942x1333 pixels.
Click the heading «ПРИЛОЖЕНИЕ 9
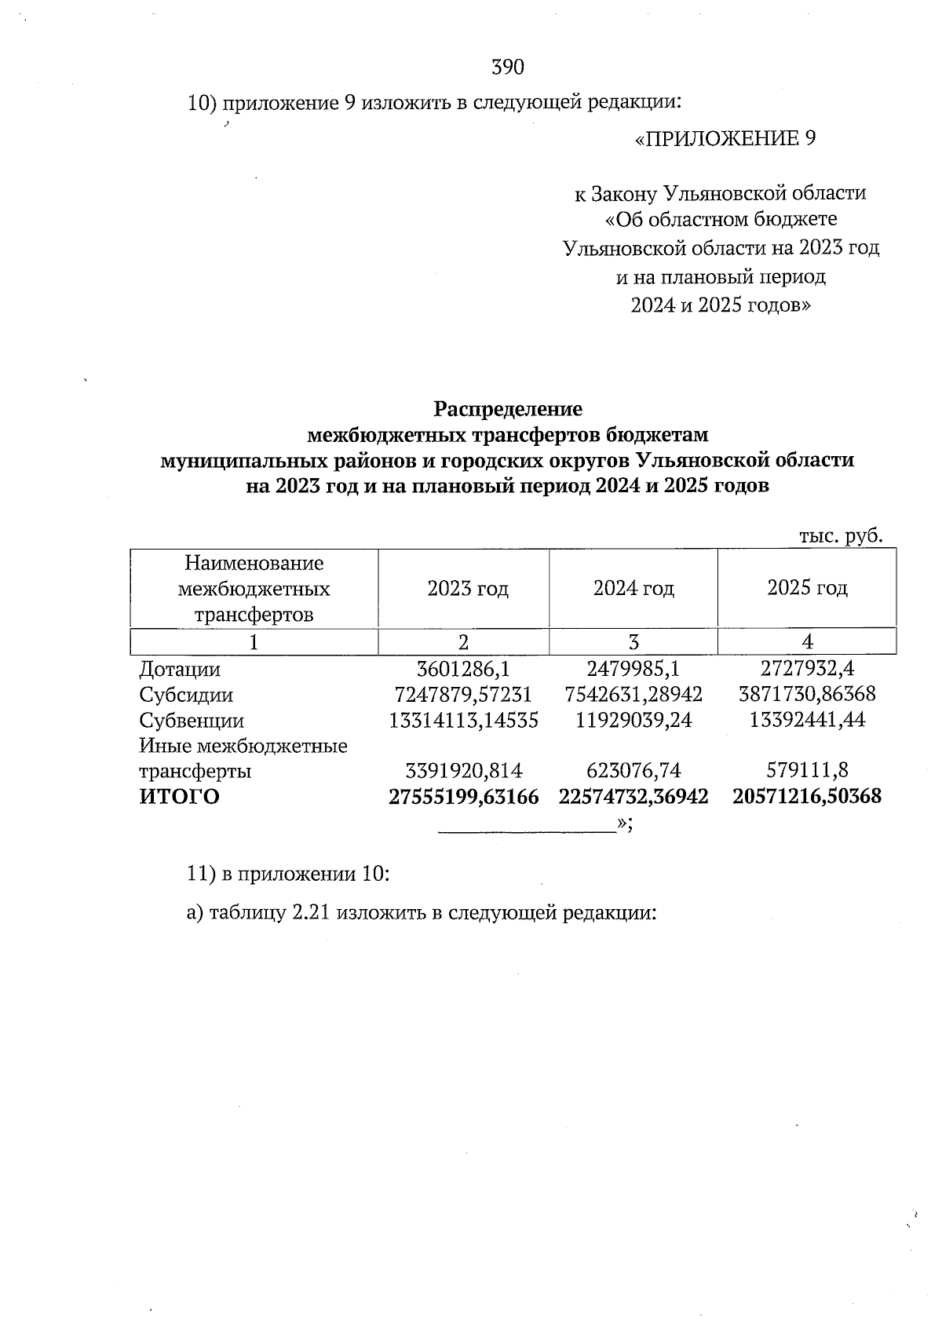coord(725,139)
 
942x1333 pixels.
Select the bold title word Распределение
coord(508,409)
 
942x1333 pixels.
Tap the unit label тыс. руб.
coord(841,536)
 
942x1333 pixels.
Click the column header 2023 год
coord(467,589)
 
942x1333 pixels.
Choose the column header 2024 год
coord(633,589)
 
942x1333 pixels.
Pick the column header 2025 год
coord(807,589)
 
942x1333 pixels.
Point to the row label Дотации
coord(180,670)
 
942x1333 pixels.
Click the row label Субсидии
coord(186,696)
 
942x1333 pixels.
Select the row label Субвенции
coord(192,721)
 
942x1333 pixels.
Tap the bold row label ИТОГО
coord(180,797)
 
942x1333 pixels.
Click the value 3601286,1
coord(464,670)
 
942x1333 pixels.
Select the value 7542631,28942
coord(633,696)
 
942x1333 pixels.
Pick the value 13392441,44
coord(807,721)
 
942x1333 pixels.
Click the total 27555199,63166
coord(464,797)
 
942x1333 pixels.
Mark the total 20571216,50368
coord(807,797)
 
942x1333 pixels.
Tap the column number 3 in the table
coord(633,642)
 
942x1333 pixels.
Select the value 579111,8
coord(807,772)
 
